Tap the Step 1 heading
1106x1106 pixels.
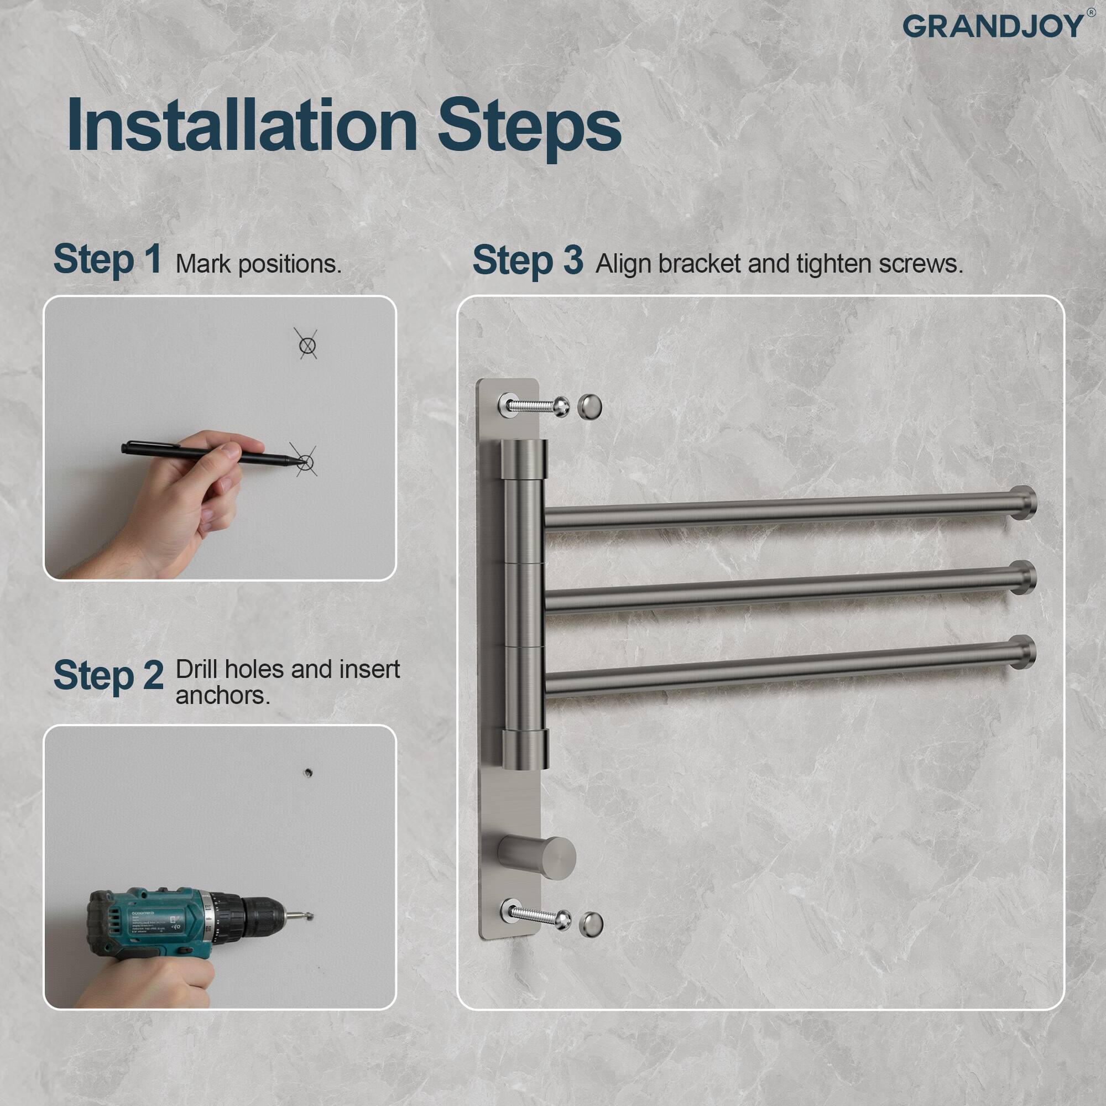pyautogui.click(x=107, y=259)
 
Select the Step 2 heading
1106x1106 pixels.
pyautogui.click(x=108, y=676)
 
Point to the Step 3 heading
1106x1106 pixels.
pyautogui.click(x=527, y=260)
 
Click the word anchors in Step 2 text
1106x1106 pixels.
pyautogui.click(x=222, y=696)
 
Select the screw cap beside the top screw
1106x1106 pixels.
pyautogui.click(x=589, y=406)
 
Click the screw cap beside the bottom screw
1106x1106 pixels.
pyautogui.click(x=591, y=922)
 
